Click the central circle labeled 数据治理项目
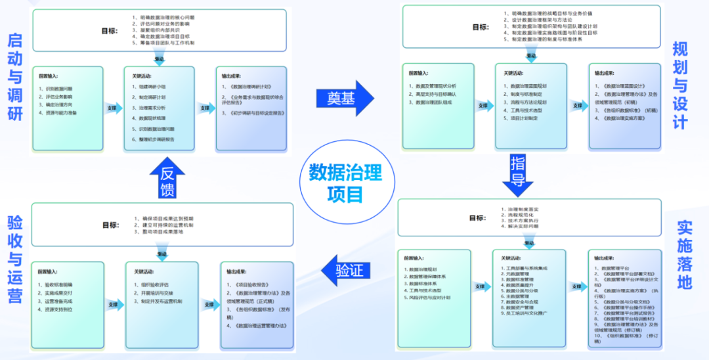tap(345, 182)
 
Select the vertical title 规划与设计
tap(680, 85)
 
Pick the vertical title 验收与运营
tap(14, 259)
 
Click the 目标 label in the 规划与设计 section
tap(480, 27)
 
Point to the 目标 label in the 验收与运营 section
tap(110, 225)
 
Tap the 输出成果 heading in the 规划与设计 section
tap(605, 73)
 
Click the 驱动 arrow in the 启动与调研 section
tap(160, 59)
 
